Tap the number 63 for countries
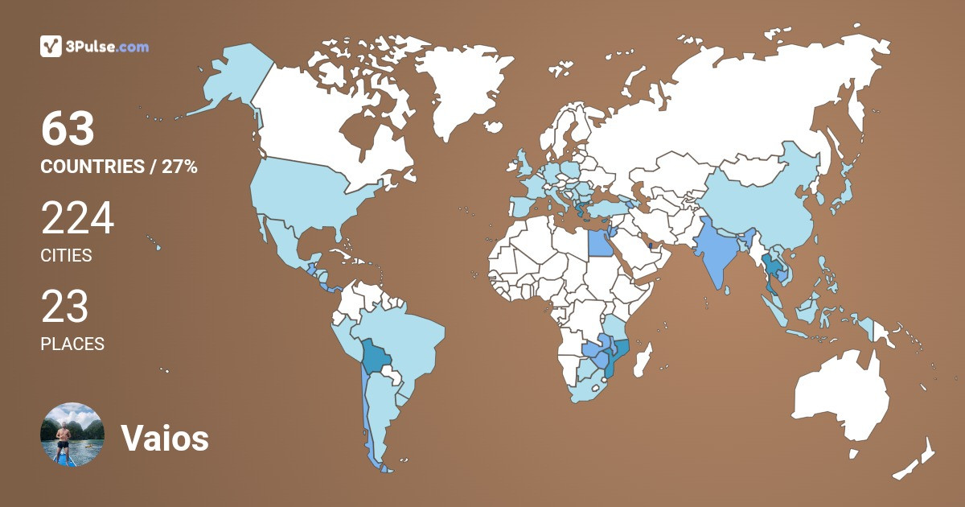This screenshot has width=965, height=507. pos(68,129)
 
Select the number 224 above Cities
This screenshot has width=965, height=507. pos(77,218)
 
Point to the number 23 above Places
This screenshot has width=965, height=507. pos(64,307)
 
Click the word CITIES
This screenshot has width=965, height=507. pos(66,256)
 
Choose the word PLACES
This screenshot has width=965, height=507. pos(72,344)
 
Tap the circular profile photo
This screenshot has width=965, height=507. pos(72,435)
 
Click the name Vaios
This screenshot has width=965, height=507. pos(165,439)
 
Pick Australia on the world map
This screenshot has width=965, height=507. pos(840,398)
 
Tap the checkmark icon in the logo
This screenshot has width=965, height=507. pos(51,47)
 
